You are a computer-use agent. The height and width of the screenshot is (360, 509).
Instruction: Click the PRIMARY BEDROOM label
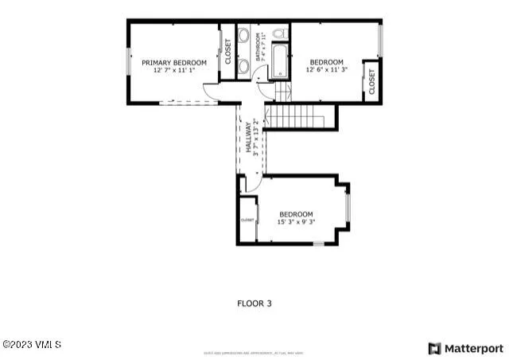173,62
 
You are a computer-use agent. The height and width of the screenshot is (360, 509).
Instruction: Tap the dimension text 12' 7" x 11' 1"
173,70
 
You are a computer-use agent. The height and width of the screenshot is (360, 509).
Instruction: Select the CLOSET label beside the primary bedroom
228,51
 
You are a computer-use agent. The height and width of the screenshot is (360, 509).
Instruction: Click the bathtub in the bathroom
279,62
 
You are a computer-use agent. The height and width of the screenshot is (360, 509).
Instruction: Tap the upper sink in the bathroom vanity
243,36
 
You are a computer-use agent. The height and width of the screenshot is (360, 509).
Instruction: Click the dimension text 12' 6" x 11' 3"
326,70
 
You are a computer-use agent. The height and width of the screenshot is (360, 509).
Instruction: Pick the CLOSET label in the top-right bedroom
371,82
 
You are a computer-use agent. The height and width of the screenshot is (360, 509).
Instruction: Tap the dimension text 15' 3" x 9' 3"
296,222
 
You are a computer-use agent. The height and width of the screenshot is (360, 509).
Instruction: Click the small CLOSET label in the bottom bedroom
247,220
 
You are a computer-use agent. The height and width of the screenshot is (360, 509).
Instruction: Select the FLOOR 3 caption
254,303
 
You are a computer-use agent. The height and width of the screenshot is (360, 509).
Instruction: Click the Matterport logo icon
434,348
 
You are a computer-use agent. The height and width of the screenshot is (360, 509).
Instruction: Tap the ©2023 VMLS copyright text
32,344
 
